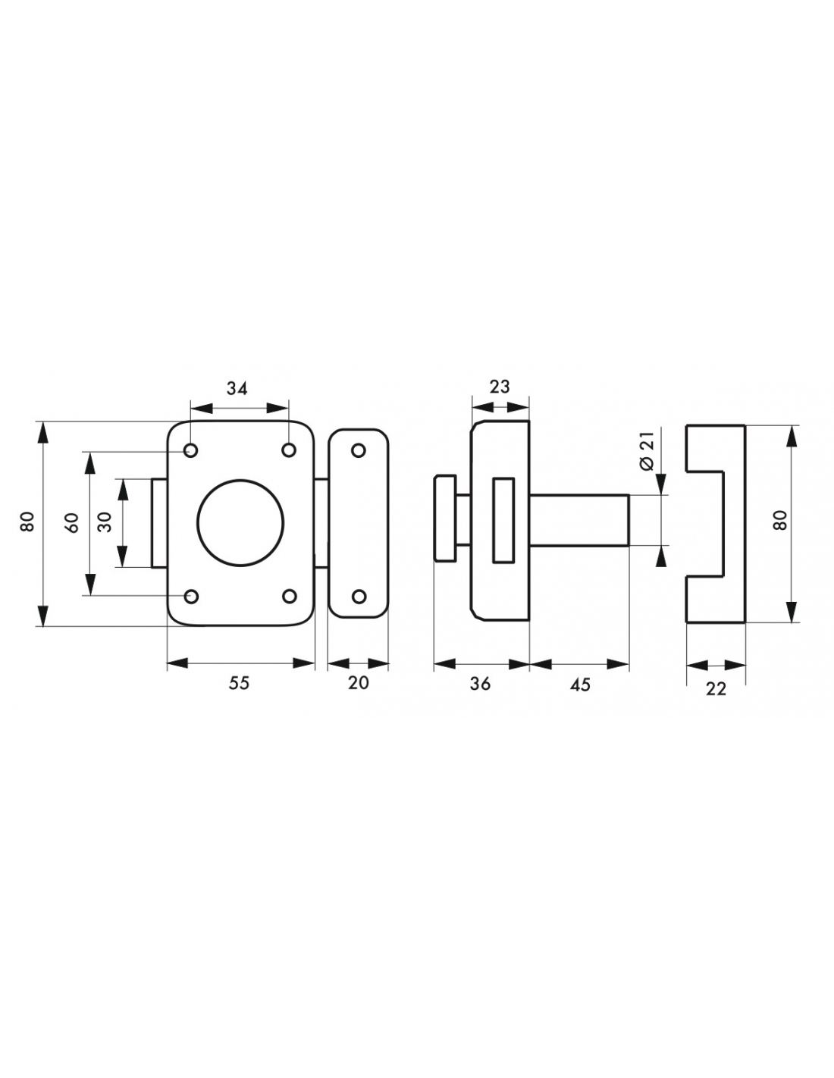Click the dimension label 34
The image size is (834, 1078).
[x=237, y=388]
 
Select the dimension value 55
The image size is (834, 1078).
[x=239, y=683]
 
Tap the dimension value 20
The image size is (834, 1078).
[x=358, y=683]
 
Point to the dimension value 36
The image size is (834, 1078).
[x=480, y=684]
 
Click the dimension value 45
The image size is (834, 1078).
[x=580, y=685]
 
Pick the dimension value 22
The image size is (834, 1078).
[x=716, y=688]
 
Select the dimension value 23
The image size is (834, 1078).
[x=499, y=387]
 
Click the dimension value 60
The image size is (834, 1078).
[x=73, y=523]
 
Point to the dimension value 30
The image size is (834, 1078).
[x=105, y=522]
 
